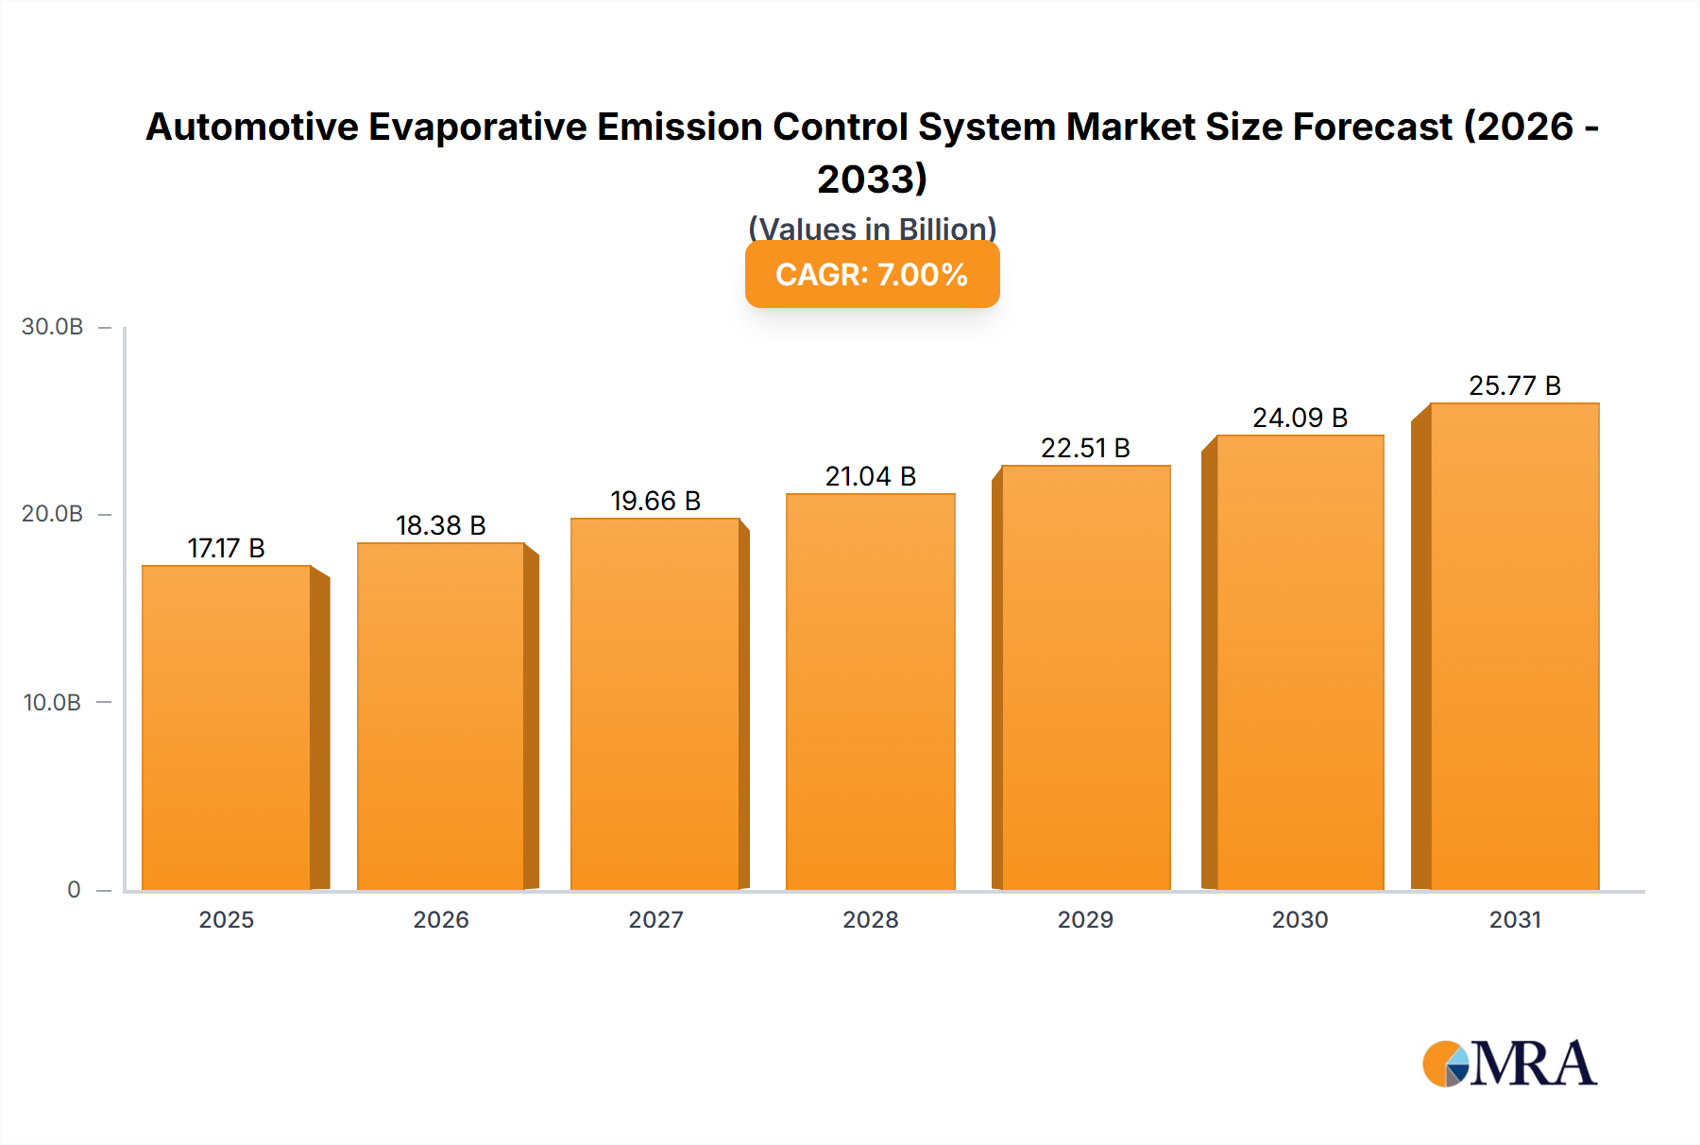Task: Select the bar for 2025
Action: coord(227,727)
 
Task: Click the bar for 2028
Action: coord(870,692)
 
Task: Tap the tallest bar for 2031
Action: coord(1514,646)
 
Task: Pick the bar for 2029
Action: coord(1085,677)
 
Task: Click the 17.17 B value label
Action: coord(226,548)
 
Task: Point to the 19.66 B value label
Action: coord(655,501)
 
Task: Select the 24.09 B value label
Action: coord(1300,418)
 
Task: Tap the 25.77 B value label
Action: coord(1514,385)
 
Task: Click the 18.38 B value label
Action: coord(440,525)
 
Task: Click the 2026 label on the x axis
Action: coord(440,919)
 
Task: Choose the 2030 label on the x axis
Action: coord(1300,919)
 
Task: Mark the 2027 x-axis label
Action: coord(655,919)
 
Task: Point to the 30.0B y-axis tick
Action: coord(53,327)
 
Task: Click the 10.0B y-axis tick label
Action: coord(53,702)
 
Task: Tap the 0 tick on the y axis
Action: coord(74,889)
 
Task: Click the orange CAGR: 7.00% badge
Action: coord(872,275)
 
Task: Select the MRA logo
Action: coord(1509,1064)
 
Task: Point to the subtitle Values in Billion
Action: coord(872,229)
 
